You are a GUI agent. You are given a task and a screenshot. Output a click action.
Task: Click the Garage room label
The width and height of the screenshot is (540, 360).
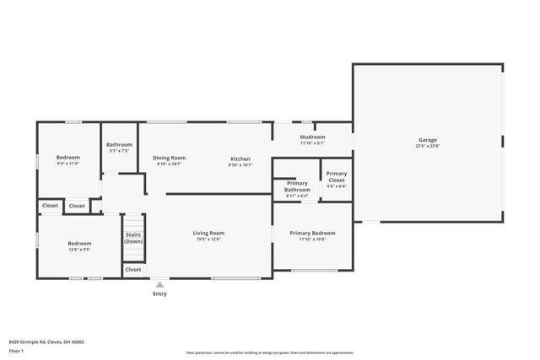pos(428,140)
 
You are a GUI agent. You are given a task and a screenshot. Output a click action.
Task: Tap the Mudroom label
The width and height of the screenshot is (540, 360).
pos(312,137)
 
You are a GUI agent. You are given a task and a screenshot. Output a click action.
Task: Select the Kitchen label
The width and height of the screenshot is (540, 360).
pos(240,159)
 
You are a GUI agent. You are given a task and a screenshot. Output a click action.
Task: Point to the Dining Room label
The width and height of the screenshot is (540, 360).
pos(169,158)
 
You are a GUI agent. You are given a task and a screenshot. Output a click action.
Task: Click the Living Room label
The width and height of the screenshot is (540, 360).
pos(208,233)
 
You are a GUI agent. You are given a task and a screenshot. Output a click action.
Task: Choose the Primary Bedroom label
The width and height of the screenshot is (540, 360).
pos(312,233)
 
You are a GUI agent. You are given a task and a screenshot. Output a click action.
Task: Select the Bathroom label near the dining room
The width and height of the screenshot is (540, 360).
pos(119,145)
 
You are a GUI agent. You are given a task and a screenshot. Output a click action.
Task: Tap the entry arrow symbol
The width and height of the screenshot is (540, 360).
pos(159,285)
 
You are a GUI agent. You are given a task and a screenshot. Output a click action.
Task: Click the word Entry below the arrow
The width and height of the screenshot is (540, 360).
pos(159,294)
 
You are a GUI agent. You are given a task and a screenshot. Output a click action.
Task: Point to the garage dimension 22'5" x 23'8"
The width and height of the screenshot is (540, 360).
pos(428,147)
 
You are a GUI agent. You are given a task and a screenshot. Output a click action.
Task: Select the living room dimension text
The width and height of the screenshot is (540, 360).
pos(208,239)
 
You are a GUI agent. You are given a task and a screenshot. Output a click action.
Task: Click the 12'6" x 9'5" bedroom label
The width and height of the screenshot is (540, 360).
pos(79,250)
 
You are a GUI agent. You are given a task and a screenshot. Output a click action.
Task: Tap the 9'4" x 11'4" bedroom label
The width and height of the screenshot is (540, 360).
pos(67,164)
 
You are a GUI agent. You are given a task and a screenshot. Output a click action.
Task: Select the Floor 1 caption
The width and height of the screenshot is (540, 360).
pos(16,351)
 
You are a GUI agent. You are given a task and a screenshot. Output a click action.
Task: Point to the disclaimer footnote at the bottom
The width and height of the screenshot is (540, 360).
pos(269,352)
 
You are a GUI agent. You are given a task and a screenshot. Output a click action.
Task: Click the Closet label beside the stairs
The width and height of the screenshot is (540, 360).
pos(132,270)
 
